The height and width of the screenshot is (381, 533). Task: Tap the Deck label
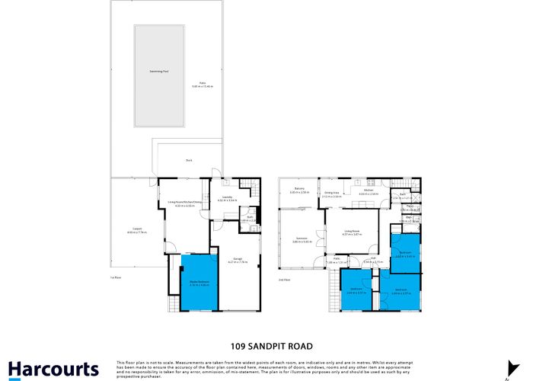click(189, 160)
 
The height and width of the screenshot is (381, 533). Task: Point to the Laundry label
click(227, 197)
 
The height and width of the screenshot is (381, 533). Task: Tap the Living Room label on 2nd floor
click(351, 232)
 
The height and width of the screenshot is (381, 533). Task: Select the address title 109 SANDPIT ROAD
click(266, 346)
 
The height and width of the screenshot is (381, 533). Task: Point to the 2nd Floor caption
click(283, 280)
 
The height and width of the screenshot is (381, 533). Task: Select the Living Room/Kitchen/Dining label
click(180, 202)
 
